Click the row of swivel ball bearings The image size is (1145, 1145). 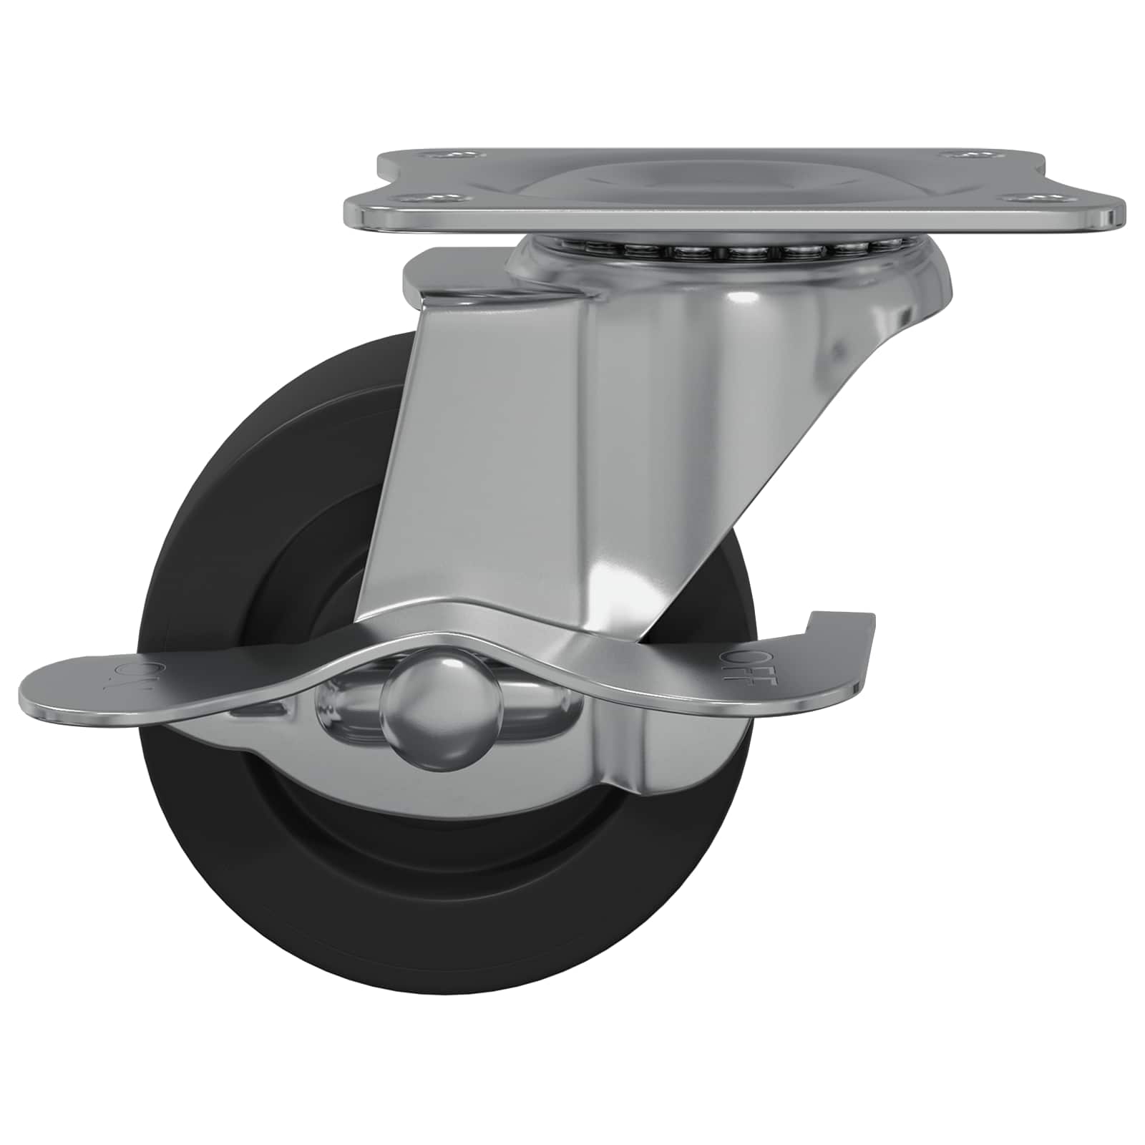pos(730,251)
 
